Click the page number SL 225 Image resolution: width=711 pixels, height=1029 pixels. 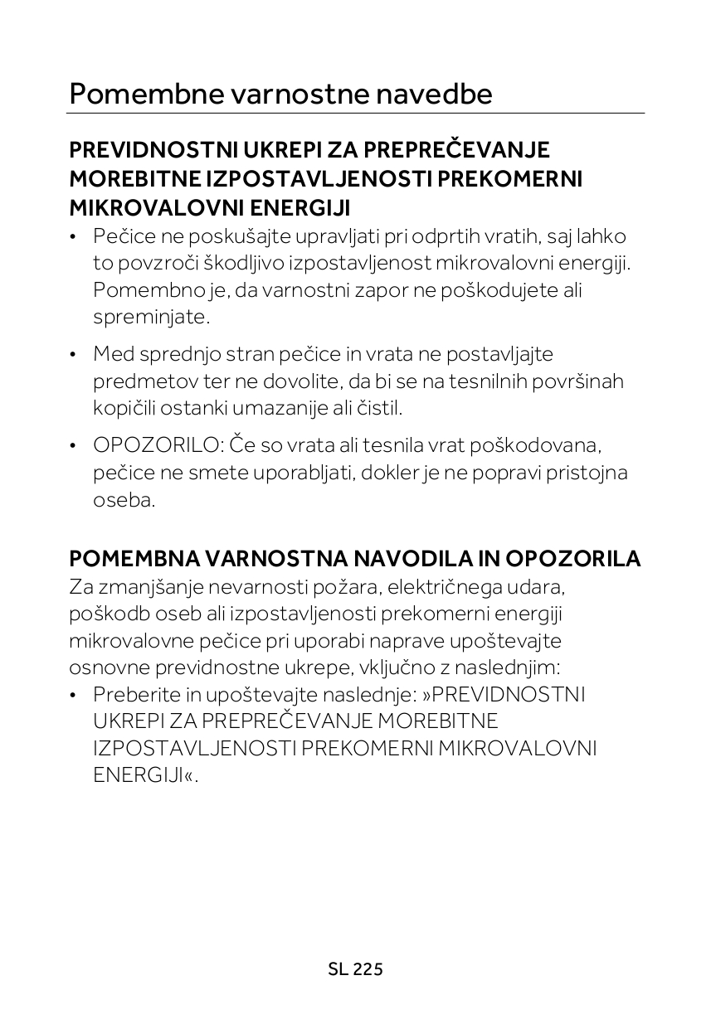(x=355, y=968)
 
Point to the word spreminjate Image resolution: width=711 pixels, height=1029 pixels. (x=151, y=318)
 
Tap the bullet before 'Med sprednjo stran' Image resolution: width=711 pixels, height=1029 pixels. (x=75, y=355)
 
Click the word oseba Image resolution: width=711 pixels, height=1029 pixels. (x=123, y=500)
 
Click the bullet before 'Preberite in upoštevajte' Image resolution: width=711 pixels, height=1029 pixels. (x=75, y=695)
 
